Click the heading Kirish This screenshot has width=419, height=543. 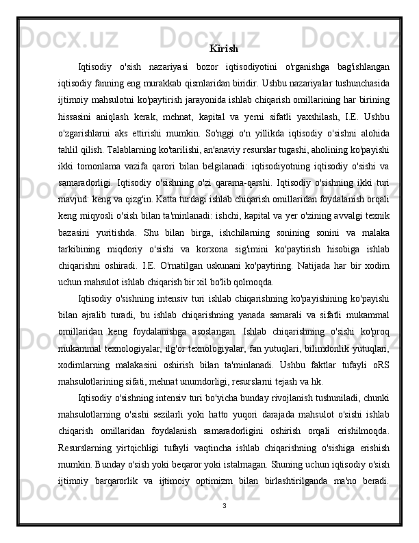[223, 49]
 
